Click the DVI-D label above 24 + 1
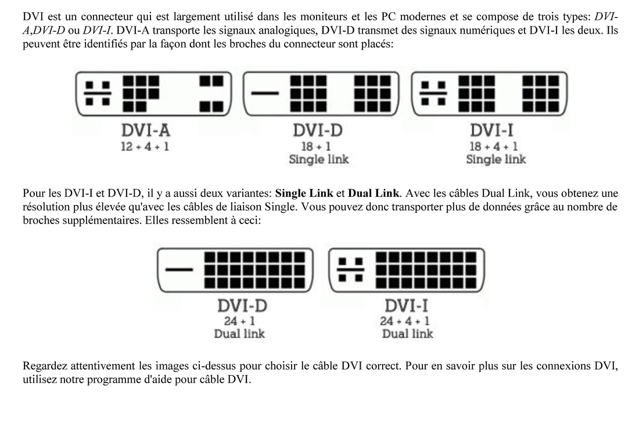point(239,305)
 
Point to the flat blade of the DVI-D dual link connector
point(180,269)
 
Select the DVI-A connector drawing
point(152,92)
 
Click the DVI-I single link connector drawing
point(489,92)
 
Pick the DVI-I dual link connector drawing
point(407,269)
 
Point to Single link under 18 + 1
point(319,160)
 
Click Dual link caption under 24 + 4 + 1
point(408,334)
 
